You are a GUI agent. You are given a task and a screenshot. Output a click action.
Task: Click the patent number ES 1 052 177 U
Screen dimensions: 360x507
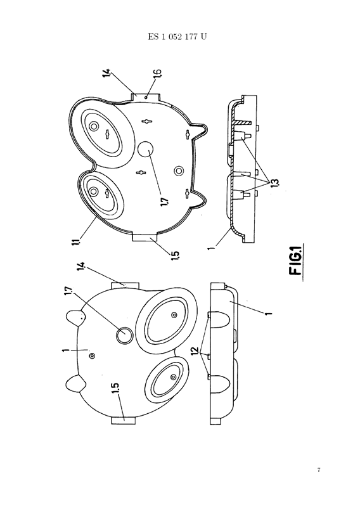(177, 37)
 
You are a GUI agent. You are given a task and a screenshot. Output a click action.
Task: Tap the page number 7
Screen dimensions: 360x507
(319, 470)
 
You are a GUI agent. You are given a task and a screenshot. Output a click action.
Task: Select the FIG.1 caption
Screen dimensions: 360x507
(296, 262)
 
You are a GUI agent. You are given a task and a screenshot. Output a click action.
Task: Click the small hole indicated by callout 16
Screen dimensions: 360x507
(146, 97)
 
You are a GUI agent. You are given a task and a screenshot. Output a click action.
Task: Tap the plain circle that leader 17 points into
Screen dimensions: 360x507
(146, 151)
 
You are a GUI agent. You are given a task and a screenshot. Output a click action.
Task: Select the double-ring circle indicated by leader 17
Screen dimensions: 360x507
(124, 335)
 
